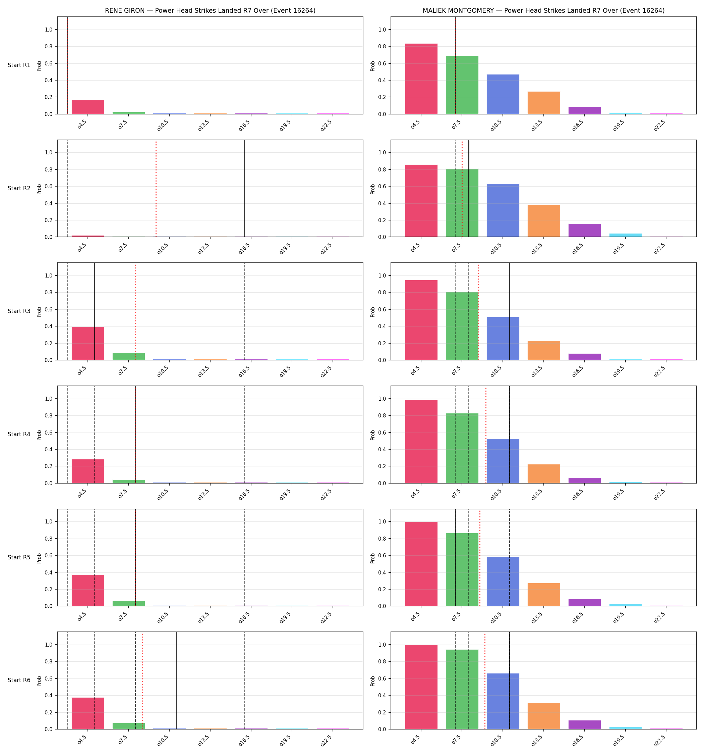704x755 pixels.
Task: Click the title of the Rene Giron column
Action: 210,11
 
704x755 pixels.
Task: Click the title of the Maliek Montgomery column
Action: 543,11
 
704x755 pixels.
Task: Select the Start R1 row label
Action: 19,65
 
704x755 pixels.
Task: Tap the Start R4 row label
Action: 19,434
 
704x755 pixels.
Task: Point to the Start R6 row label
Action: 19,680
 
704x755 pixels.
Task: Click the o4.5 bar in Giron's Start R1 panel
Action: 88,107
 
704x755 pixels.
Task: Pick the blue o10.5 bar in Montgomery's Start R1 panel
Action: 503,94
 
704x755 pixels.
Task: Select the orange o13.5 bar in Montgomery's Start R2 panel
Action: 543,221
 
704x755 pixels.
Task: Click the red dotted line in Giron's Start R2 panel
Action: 156,189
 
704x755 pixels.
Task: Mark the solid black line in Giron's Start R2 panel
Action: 244,189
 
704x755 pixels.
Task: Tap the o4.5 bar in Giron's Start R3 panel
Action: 88,343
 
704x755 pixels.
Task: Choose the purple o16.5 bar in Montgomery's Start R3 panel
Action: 584,357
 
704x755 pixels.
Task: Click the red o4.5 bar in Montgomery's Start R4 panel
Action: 421,441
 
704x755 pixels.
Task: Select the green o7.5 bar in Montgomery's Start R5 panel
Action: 462,570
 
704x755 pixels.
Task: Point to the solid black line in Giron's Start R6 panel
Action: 176,681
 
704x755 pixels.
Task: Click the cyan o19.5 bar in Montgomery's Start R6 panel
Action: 626,728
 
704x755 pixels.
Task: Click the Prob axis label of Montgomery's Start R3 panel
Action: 373,312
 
